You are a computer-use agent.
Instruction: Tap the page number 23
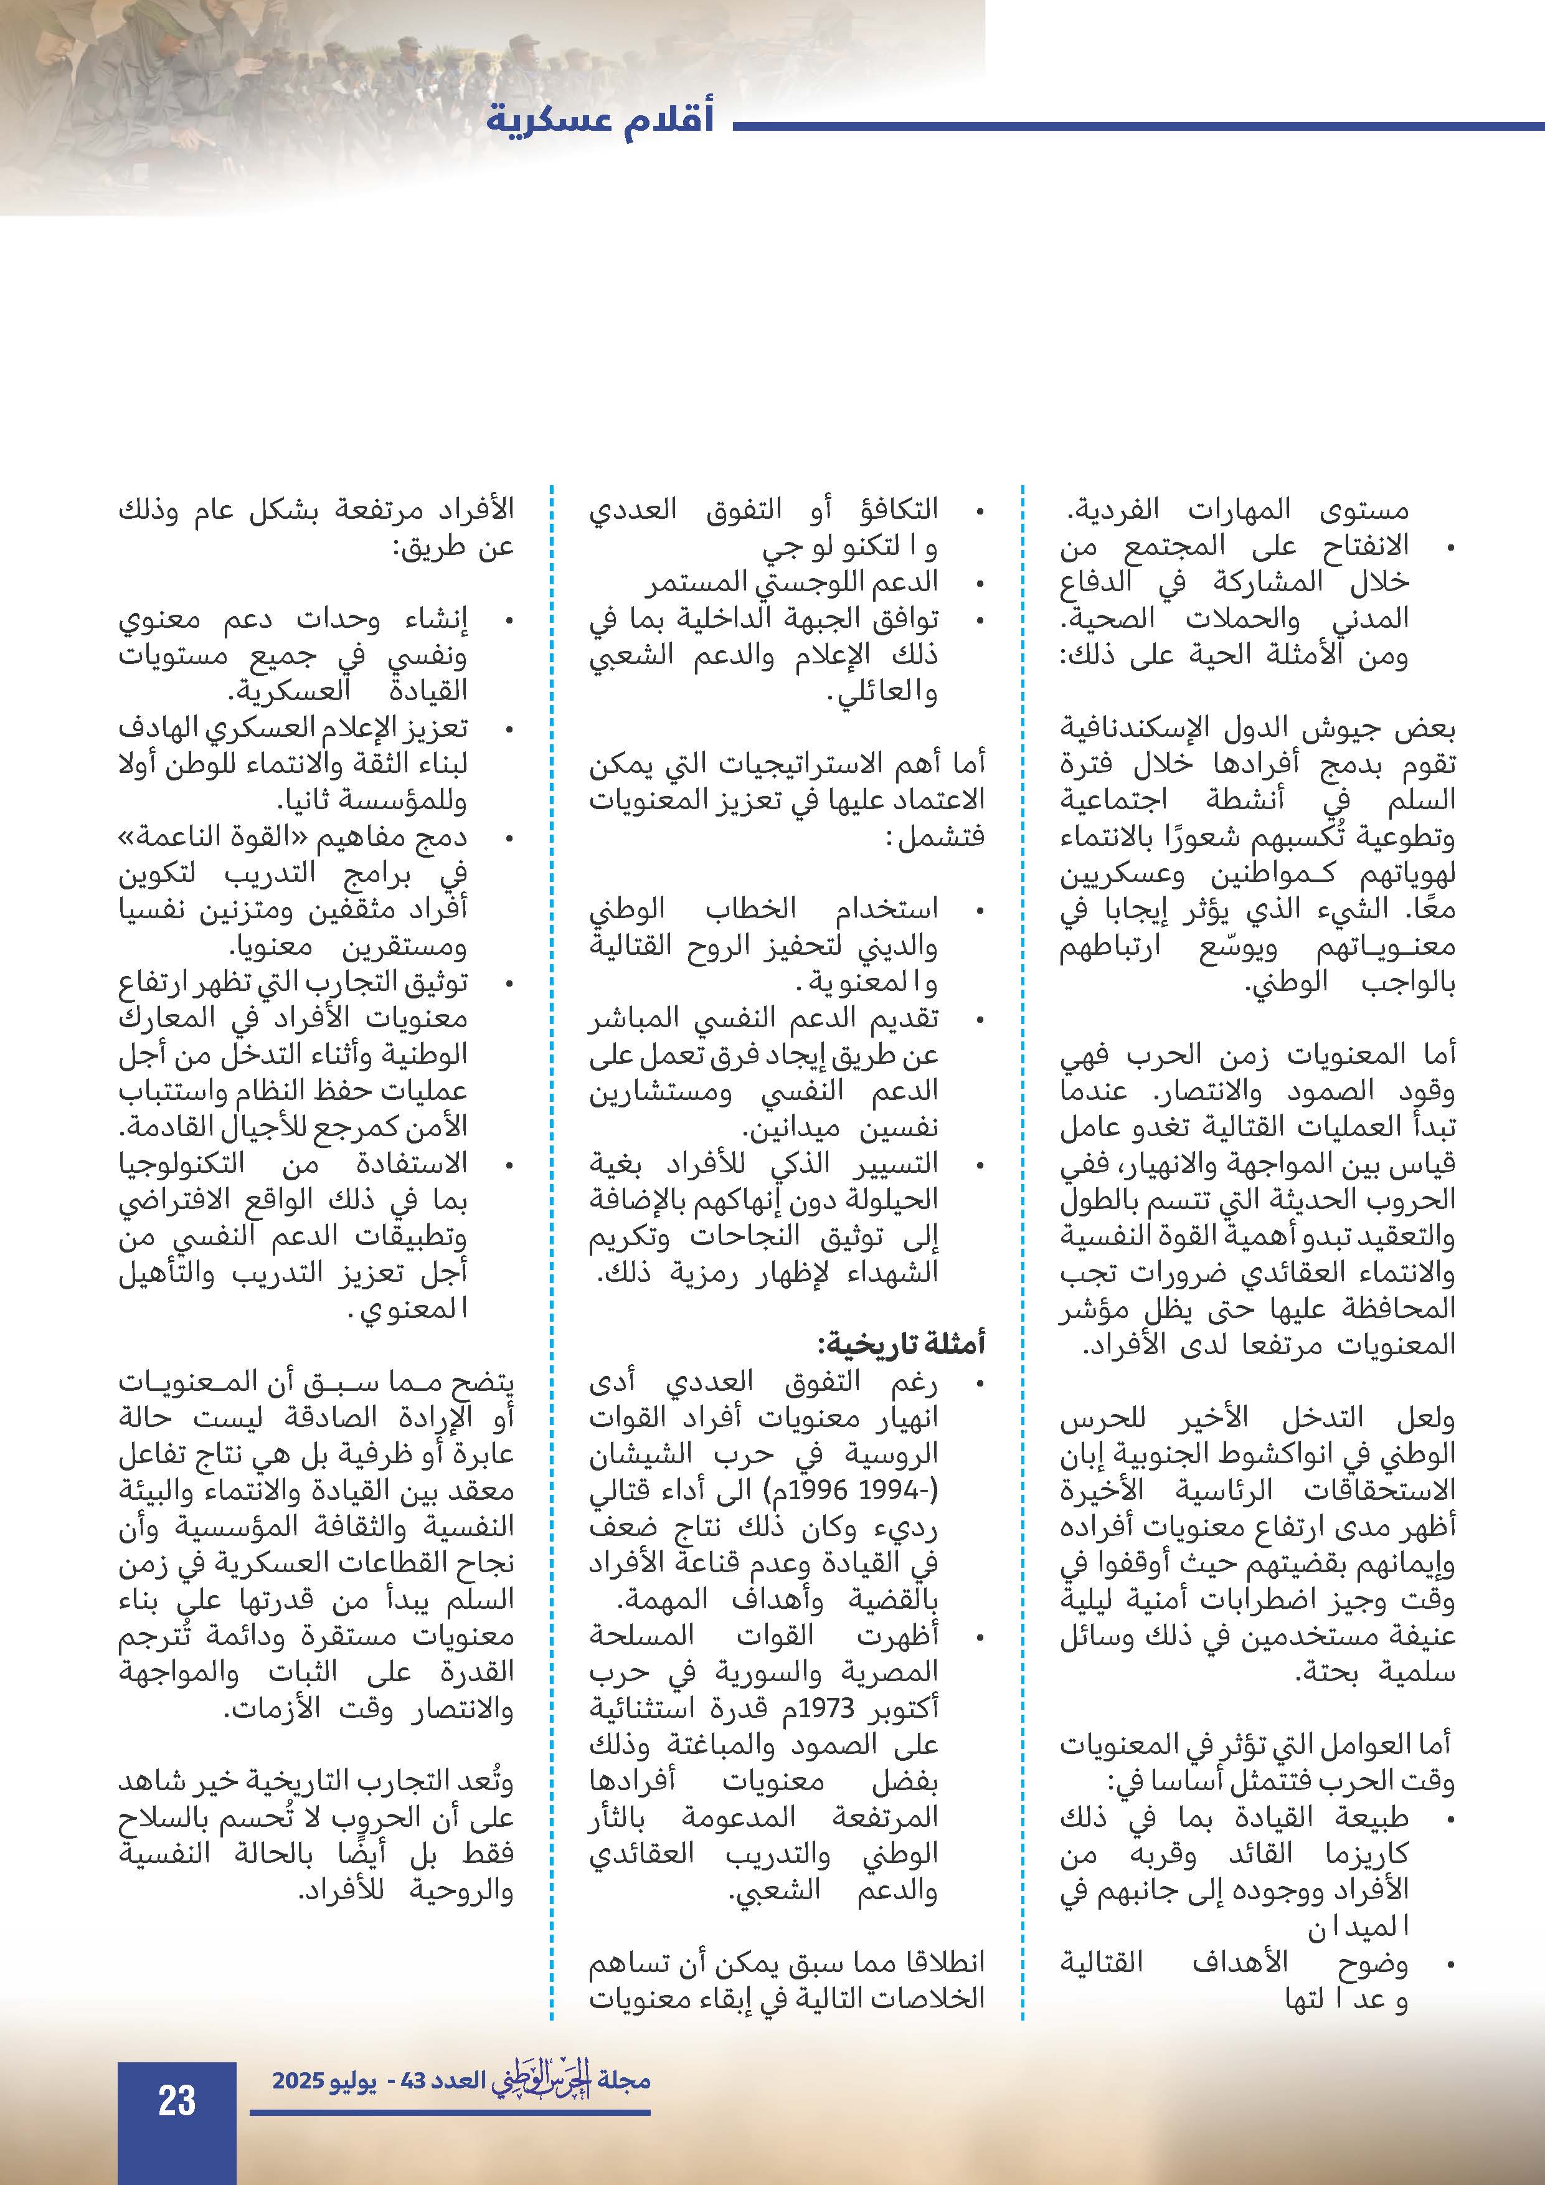tap(177, 2100)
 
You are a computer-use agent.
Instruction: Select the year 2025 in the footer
tap(299, 2080)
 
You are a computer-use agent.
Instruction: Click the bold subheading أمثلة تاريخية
tap(901, 1344)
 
